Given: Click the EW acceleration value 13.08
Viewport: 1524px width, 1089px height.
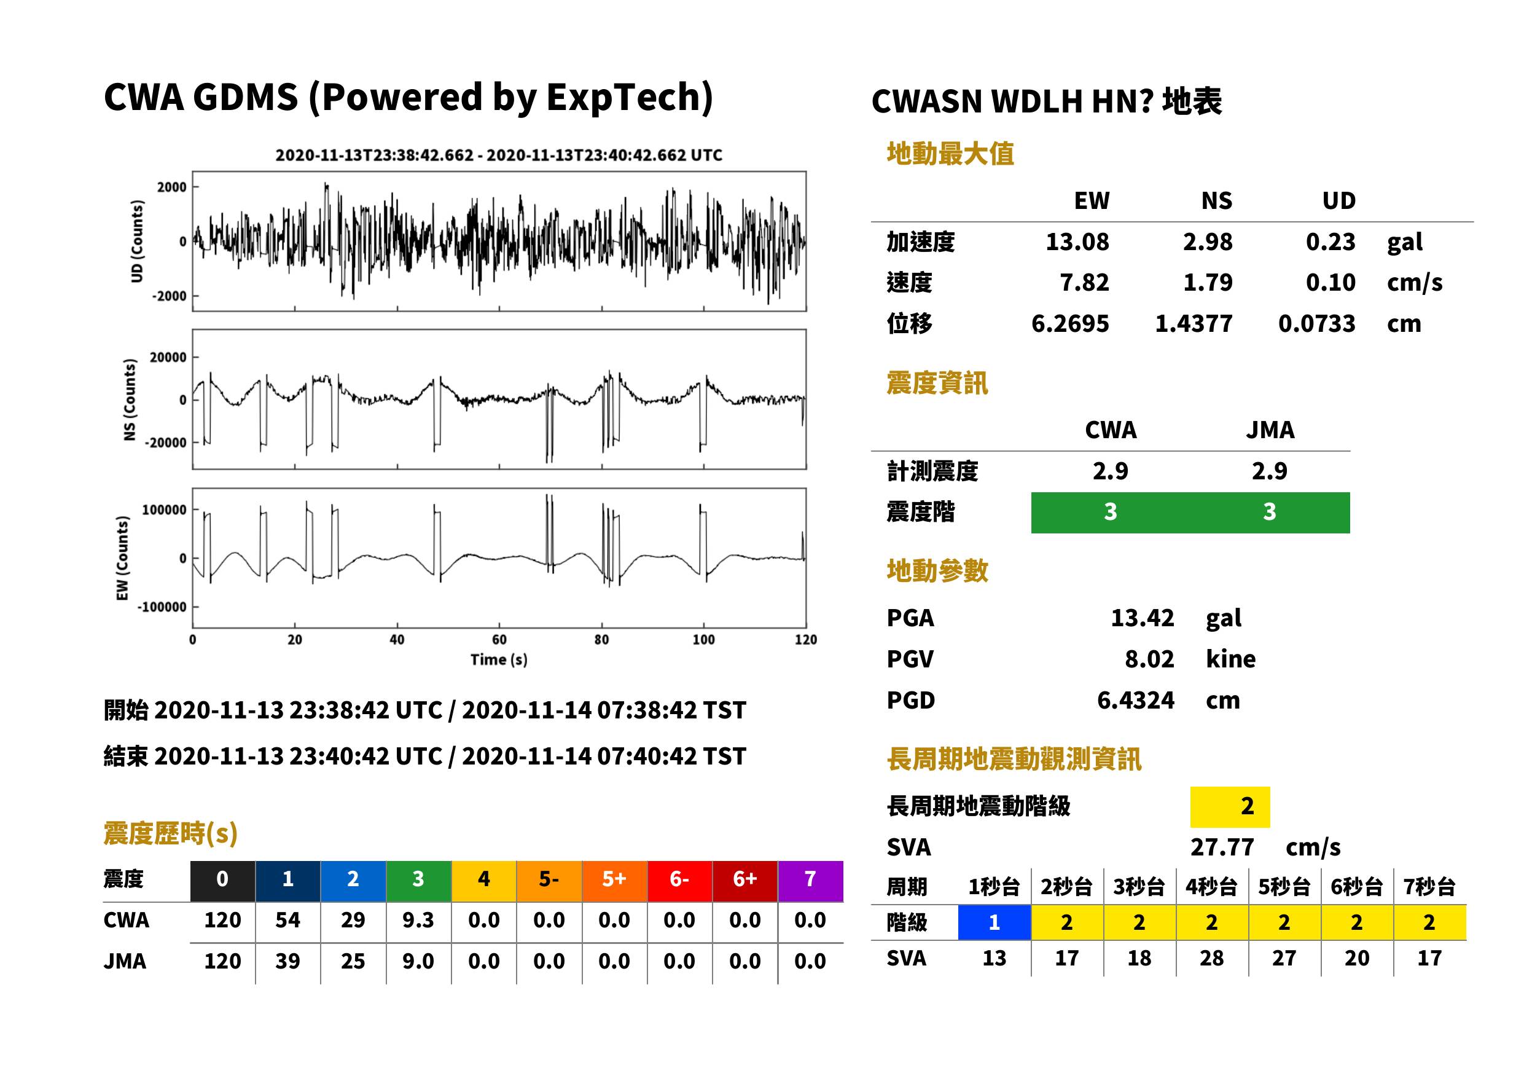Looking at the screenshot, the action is coord(1076,242).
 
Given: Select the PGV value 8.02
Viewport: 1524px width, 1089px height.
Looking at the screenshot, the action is coord(1149,659).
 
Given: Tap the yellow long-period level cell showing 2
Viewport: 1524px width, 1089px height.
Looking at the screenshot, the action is coord(1229,806).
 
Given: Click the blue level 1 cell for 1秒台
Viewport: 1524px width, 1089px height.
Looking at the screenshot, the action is coord(994,922).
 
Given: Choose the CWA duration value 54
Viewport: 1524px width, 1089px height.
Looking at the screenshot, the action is coord(287,920).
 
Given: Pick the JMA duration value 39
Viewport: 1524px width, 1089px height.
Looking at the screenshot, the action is coord(287,961).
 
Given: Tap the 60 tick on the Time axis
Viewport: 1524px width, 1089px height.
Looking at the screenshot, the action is coord(499,639).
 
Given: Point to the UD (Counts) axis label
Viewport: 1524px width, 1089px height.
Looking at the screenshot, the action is coord(137,241).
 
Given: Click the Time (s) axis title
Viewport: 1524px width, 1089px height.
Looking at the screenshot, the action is coord(499,660).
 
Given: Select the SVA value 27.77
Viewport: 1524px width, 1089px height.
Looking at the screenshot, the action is coord(1222,847).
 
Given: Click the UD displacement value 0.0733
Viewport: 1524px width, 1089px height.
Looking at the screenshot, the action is coord(1316,324).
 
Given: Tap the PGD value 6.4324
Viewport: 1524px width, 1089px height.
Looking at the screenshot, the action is coord(1135,701).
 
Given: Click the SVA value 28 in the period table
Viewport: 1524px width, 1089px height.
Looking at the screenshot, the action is coord(1212,958).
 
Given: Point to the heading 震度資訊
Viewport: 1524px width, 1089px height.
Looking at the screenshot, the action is coord(937,383).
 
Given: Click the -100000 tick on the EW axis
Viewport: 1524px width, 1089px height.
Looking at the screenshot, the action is coord(162,607).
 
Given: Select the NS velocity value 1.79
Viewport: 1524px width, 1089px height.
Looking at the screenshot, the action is coord(1207,283).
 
